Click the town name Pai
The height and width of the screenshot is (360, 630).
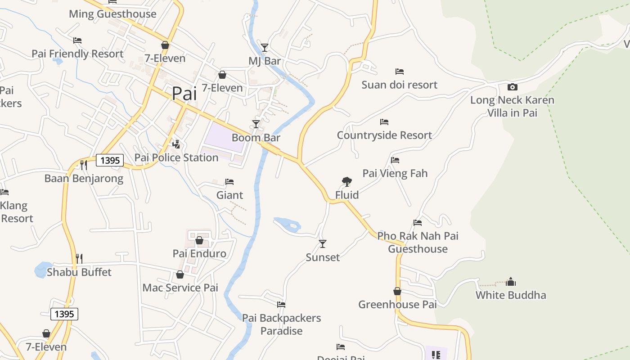(184, 93)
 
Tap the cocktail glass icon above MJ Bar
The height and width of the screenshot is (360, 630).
(265, 47)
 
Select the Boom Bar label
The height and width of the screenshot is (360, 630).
(256, 138)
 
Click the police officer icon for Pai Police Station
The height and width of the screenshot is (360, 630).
(176, 144)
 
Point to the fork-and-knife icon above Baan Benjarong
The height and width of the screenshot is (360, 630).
(83, 165)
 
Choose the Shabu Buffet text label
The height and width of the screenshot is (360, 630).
(79, 272)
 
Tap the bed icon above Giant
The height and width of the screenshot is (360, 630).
(229, 182)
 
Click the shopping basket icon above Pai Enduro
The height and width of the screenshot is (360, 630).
(199, 240)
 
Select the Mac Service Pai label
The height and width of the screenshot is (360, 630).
(180, 288)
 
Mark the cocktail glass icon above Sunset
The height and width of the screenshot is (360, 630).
(323, 244)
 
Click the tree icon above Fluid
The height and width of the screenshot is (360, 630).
(346, 182)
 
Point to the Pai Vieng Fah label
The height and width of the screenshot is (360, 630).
(395, 173)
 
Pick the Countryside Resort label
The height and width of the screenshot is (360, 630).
(384, 135)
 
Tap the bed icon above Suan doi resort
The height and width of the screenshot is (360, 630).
(399, 72)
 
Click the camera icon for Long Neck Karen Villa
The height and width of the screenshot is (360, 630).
(512, 87)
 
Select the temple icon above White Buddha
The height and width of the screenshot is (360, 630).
(511, 282)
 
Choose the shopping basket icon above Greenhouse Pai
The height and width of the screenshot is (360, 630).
(397, 292)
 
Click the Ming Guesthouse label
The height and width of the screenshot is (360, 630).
(112, 14)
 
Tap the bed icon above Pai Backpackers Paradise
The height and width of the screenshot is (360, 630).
(281, 305)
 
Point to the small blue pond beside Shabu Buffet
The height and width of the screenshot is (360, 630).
(43, 270)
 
